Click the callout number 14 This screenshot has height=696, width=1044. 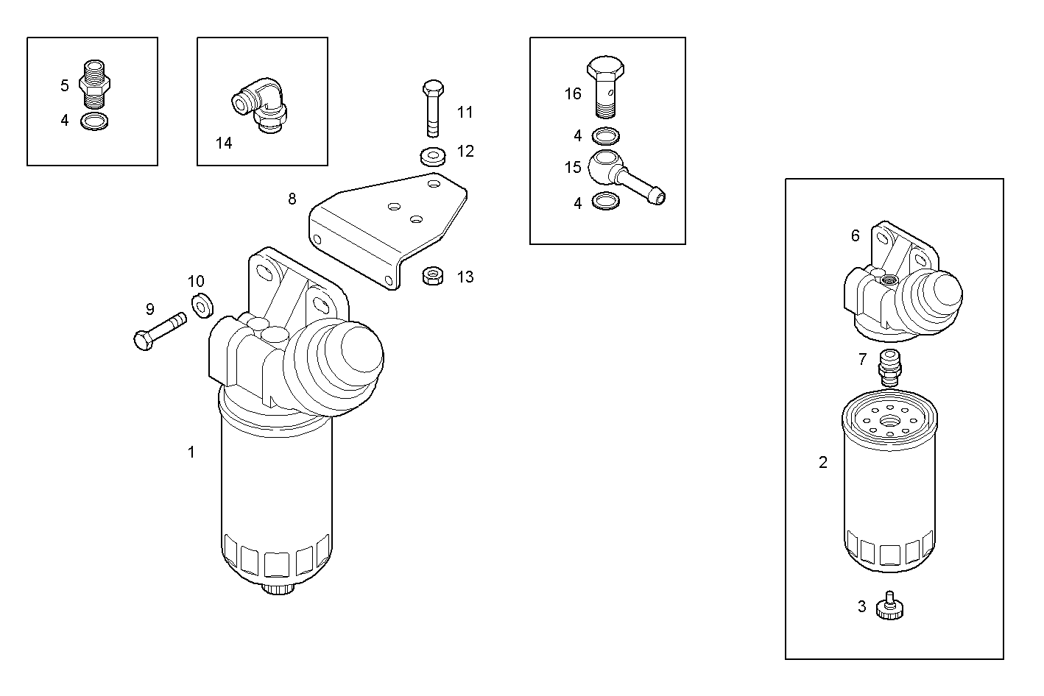pos(224,143)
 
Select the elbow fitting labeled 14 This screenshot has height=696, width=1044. pos(261,105)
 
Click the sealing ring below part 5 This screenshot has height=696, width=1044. pos(93,121)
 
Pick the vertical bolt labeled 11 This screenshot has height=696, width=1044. pos(433,107)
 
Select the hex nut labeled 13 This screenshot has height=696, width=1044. pos(432,277)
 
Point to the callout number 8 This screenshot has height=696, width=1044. pos(292,199)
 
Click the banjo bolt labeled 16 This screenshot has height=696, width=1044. pos(605,85)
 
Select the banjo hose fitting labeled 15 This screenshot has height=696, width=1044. pos(622,175)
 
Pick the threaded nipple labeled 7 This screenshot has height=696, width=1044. pos(889,367)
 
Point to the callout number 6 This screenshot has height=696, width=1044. pos(855,235)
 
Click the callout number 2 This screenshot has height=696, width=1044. pos(823,462)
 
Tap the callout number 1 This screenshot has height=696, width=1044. pos(191,452)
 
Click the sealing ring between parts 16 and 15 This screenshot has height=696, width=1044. pos(605,136)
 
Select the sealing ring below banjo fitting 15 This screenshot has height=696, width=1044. pos(605,201)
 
